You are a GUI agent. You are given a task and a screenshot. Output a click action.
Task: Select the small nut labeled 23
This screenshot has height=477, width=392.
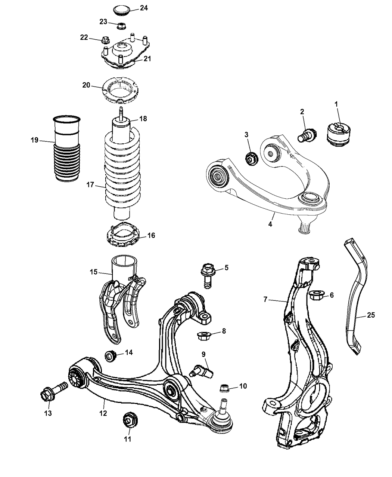tap(121, 26)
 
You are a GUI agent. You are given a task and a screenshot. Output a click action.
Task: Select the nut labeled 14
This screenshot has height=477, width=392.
tap(111, 355)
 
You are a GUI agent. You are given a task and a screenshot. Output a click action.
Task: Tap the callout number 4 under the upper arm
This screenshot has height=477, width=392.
tap(270, 224)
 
